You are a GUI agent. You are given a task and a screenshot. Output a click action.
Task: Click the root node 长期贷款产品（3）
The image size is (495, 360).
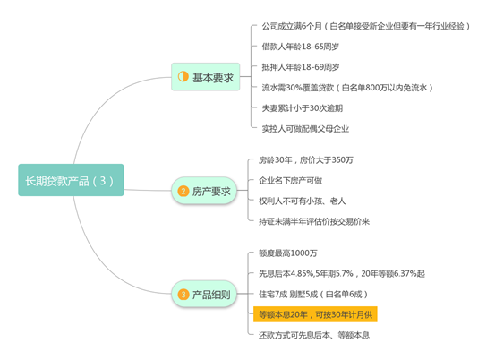(x=71, y=180)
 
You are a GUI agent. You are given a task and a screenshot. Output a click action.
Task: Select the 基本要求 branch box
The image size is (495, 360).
(x=206, y=77)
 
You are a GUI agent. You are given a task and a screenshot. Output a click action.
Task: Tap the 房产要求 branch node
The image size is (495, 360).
(x=204, y=191)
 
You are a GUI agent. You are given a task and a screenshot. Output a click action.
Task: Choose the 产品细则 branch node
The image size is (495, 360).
(x=204, y=294)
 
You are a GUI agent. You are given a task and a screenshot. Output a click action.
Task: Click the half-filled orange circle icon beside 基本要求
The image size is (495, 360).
(x=183, y=76)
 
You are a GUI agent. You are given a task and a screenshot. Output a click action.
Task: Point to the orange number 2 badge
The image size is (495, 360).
(x=183, y=191)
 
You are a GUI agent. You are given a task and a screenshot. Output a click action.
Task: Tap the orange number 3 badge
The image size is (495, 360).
(x=183, y=295)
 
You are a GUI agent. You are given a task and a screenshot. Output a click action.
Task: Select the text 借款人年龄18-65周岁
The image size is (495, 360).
(x=300, y=47)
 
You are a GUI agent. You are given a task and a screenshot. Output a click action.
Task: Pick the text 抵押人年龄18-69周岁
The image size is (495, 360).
(x=300, y=67)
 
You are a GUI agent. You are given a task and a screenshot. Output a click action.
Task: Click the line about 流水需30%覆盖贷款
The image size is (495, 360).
(x=347, y=88)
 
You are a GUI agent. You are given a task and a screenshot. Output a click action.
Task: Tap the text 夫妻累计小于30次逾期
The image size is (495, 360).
(x=303, y=108)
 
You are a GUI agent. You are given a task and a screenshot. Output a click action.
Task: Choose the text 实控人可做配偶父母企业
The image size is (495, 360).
(x=305, y=129)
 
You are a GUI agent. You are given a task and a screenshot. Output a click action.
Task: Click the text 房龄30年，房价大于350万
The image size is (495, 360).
(x=306, y=160)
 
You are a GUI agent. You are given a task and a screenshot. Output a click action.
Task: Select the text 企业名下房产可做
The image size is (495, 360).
(x=290, y=181)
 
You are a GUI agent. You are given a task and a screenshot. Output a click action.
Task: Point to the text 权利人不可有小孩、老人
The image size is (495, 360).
(x=303, y=201)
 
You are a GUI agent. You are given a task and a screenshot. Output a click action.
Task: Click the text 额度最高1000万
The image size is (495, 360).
(x=288, y=253)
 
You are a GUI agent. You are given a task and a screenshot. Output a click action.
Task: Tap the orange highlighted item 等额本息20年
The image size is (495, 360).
(x=315, y=314)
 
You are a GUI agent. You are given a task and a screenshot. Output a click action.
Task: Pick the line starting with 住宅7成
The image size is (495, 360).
(x=313, y=295)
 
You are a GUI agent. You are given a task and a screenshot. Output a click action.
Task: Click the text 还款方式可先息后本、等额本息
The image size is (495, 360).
(x=314, y=335)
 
